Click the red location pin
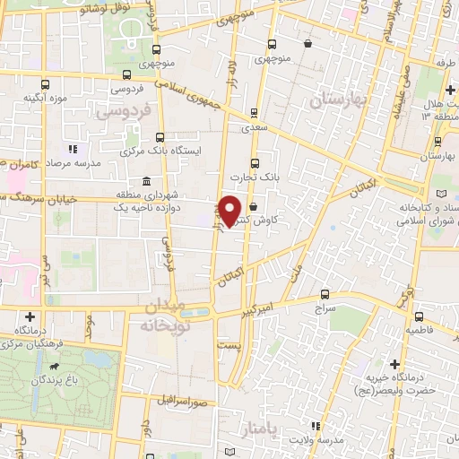point(230,211)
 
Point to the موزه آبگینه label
point(46,97)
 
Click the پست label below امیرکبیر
point(229,344)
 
